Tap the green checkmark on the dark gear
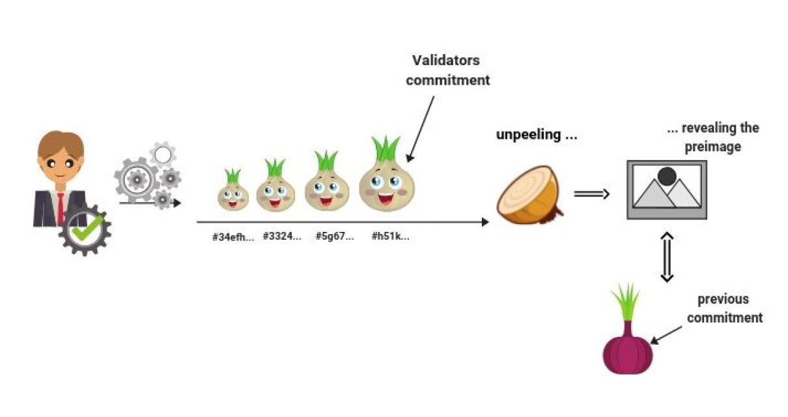[x=85, y=228]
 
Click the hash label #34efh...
[x=232, y=237]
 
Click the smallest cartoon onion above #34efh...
[x=232, y=193]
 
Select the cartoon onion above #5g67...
[x=327, y=186]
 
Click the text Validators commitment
[x=447, y=70]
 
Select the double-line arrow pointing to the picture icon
[x=591, y=194]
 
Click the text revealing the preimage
[x=712, y=137]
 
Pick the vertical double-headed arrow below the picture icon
[x=666, y=257]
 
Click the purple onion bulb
[x=627, y=349]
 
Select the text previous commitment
[x=724, y=309]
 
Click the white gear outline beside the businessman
[x=163, y=154]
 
